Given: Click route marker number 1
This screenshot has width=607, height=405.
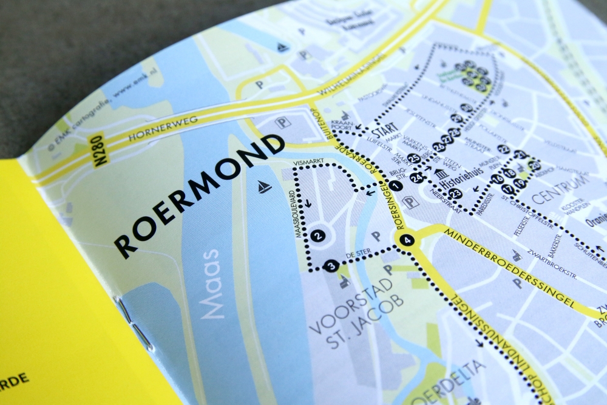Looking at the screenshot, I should coord(396,186).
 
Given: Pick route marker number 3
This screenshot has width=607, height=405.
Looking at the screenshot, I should coord(331,265).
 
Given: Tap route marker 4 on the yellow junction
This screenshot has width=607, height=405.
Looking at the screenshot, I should coord(407,240).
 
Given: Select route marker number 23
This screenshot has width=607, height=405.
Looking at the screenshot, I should coord(455,194).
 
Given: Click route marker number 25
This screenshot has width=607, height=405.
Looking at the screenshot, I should coord(414,159).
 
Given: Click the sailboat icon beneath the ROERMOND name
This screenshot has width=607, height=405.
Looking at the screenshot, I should coord(264,187).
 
